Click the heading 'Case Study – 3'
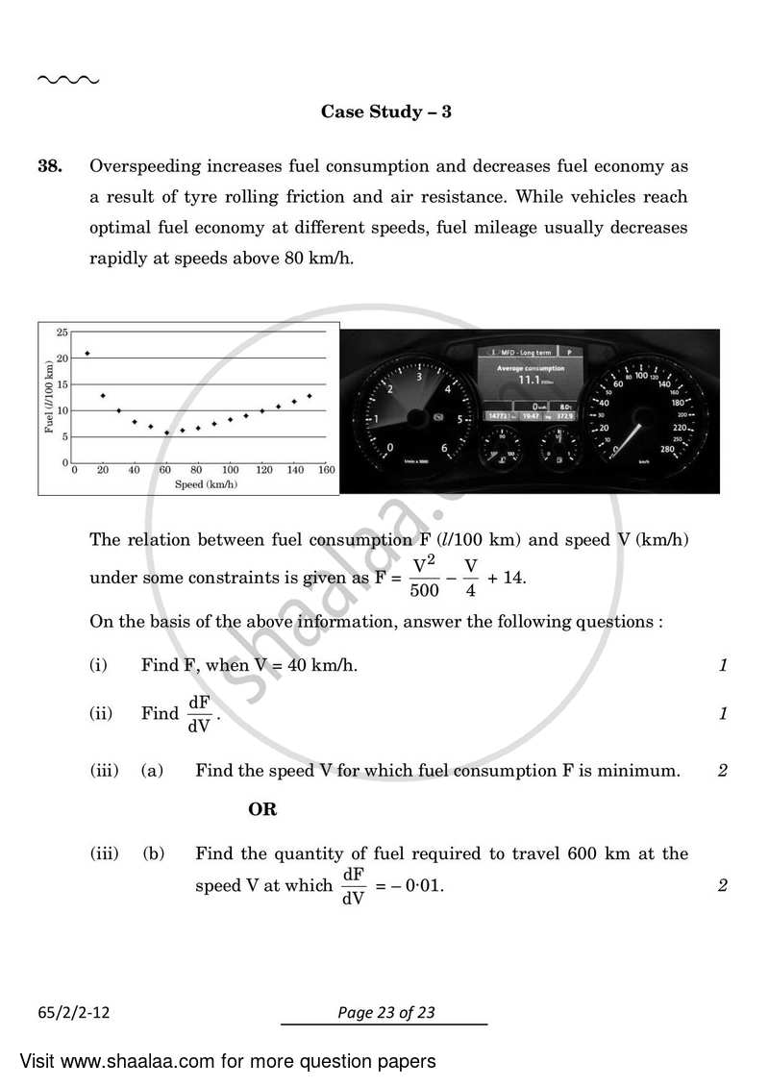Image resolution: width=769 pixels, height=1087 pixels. coord(385,111)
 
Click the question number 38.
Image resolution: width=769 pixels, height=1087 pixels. coord(50,166)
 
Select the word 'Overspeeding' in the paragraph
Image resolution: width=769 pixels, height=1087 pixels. coord(137,166)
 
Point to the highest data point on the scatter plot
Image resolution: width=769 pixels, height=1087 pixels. coord(87,354)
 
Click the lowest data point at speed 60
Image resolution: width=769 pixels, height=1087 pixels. coord(166,432)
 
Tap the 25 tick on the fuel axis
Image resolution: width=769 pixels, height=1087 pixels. coord(62,333)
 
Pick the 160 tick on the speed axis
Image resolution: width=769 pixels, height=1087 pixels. coord(326,470)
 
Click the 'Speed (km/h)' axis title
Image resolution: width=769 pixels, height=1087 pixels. coord(206,484)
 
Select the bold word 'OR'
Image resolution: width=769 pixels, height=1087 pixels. coord(262,809)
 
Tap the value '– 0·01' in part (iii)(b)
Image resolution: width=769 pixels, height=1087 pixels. coord(415,885)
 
